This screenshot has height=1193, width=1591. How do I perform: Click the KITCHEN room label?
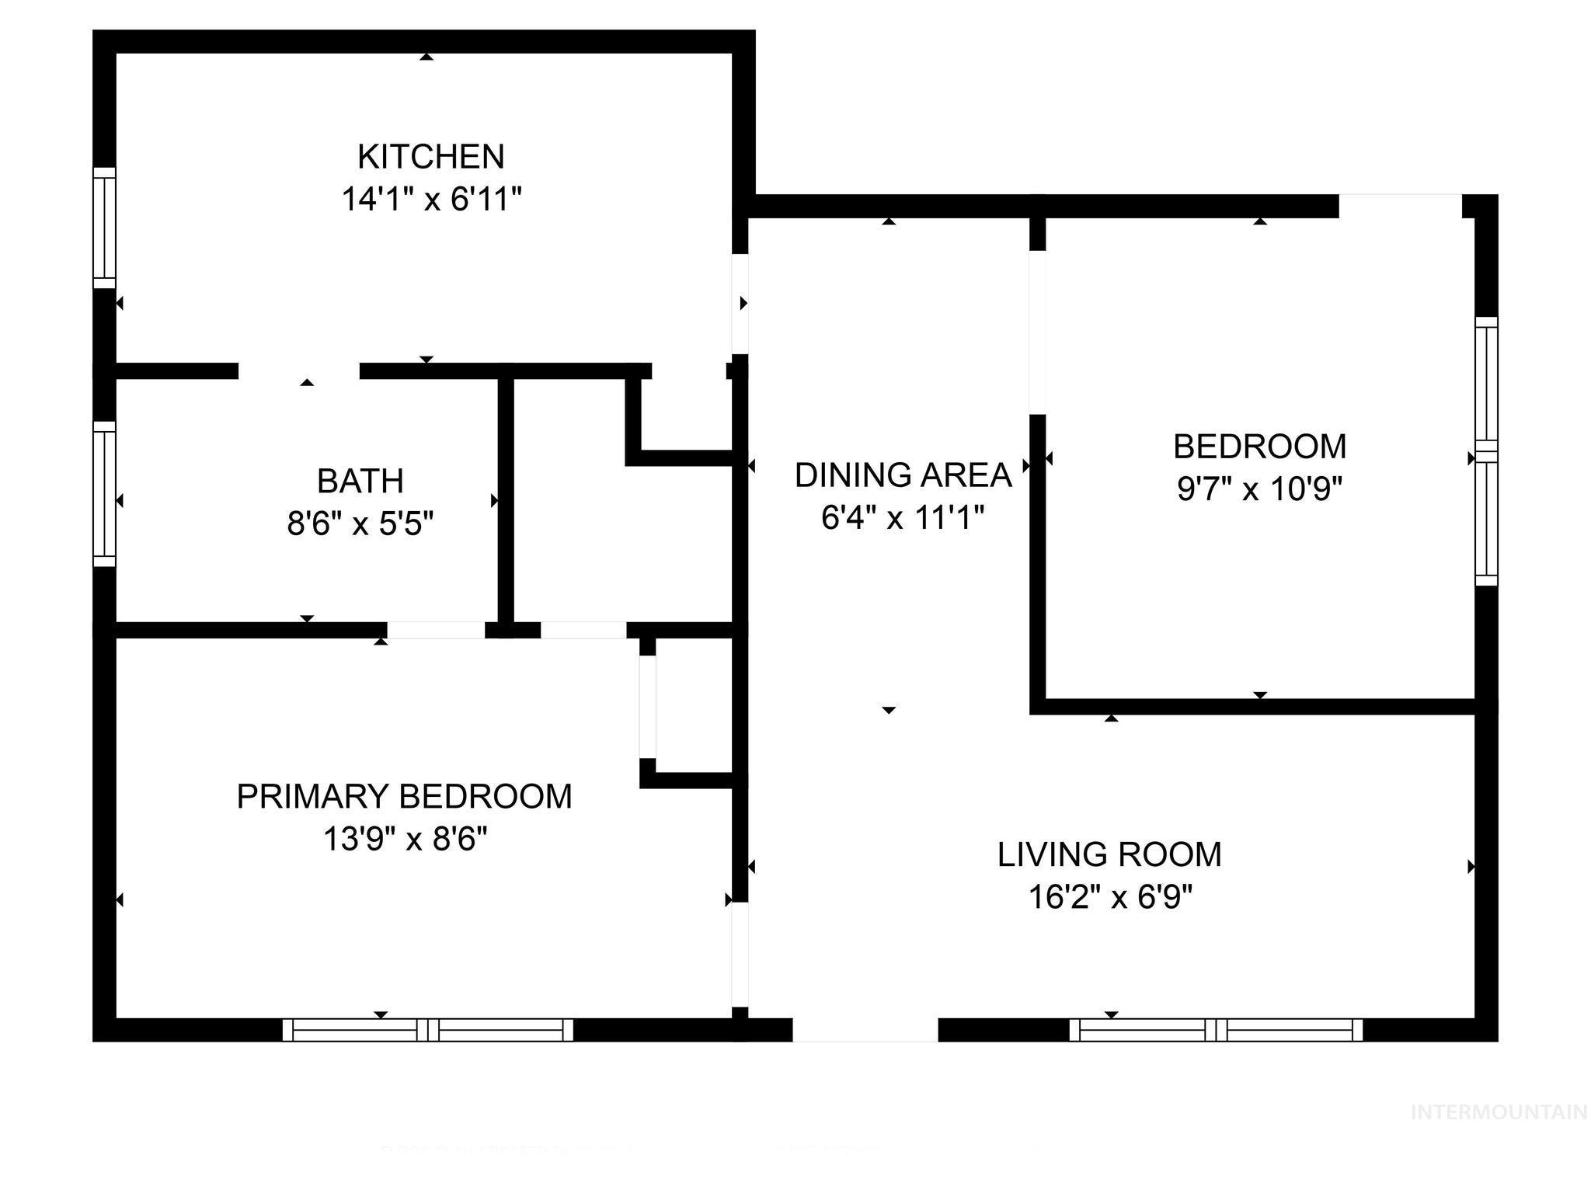[x=430, y=157]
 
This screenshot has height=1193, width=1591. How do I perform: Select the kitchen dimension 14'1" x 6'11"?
[x=430, y=200]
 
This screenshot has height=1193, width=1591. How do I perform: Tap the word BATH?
[x=360, y=482]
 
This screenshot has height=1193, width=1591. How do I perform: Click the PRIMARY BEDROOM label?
[x=404, y=797]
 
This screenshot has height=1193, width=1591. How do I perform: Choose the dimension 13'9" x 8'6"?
[x=404, y=840]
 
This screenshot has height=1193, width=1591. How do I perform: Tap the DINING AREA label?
[x=903, y=475]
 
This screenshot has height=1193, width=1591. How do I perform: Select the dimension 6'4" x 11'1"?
[x=903, y=518]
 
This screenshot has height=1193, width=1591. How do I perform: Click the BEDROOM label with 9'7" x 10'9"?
[x=1259, y=447]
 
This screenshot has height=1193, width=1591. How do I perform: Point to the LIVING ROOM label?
[x=1109, y=855]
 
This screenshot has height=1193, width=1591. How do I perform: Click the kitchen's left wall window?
[x=104, y=227]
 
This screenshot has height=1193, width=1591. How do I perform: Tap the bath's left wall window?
[x=104, y=494]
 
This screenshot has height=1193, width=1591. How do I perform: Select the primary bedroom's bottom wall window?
[x=427, y=1030]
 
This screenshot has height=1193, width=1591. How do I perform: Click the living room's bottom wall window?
[x=1216, y=1030]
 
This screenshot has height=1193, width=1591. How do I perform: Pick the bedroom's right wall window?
[x=1485, y=451]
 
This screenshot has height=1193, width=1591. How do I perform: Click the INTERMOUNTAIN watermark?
[x=1499, y=1112]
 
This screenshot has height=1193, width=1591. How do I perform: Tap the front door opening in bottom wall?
[x=865, y=1030]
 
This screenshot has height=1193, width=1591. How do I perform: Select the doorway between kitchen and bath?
[x=299, y=371]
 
